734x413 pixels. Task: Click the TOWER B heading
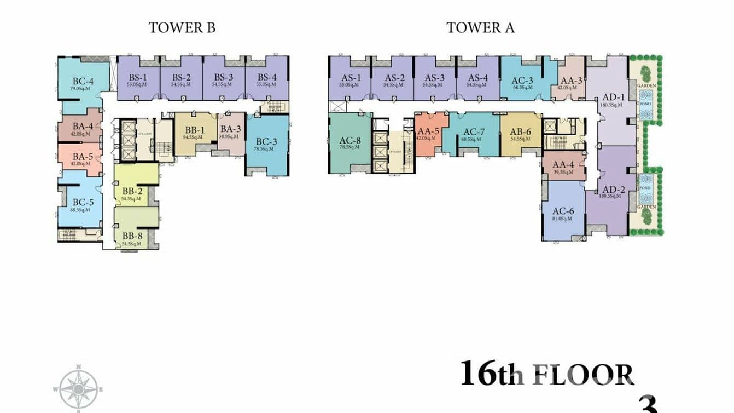[x=182, y=28]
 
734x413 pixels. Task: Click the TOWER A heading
[x=480, y=28]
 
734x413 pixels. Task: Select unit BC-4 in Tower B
[x=83, y=84]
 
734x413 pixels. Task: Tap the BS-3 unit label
[x=224, y=78]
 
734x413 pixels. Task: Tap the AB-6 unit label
[x=520, y=131]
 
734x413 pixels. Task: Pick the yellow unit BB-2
[x=132, y=191]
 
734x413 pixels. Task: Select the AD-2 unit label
[x=611, y=190]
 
